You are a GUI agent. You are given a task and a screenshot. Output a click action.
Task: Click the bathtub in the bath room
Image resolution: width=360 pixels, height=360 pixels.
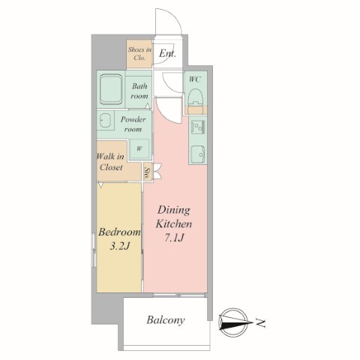[x=111, y=89]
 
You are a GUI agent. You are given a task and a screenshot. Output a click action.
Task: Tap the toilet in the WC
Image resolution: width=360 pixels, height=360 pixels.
[x=195, y=96]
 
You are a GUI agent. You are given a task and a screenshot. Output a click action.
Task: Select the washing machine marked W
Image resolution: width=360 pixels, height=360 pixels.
[x=139, y=149]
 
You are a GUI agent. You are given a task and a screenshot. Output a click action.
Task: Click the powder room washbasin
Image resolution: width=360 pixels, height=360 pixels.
[x=106, y=120]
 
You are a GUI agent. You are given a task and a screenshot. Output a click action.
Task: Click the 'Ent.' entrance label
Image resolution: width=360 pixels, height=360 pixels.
[x=167, y=53]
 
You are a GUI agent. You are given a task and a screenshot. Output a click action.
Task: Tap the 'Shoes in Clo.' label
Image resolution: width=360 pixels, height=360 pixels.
[x=139, y=53]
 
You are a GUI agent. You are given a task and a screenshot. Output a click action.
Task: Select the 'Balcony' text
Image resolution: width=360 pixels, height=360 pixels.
[x=166, y=320]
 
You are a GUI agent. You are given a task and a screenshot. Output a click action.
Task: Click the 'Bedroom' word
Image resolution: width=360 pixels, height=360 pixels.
[x=119, y=232]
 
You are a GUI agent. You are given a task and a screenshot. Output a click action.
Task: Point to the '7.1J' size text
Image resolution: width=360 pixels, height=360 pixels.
[x=174, y=238]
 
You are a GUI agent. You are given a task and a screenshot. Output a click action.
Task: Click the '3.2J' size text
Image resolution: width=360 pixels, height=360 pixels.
[x=120, y=246]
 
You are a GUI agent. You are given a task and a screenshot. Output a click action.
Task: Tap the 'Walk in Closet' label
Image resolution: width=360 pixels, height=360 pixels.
[x=111, y=162]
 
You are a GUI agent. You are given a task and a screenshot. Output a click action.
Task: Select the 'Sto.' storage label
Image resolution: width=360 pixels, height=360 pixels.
[x=148, y=172]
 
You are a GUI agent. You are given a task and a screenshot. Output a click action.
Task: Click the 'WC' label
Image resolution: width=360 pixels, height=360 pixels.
[x=195, y=79]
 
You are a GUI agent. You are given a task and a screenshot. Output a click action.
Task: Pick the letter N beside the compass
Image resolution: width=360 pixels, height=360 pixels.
[x=261, y=323]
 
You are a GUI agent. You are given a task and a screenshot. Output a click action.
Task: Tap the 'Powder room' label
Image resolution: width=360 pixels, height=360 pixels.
[x=133, y=124]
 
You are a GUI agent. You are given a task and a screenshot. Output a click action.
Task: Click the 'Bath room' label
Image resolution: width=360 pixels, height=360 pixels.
[x=139, y=91]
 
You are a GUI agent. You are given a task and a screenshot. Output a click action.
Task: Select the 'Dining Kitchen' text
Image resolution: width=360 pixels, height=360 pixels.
[x=174, y=217]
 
